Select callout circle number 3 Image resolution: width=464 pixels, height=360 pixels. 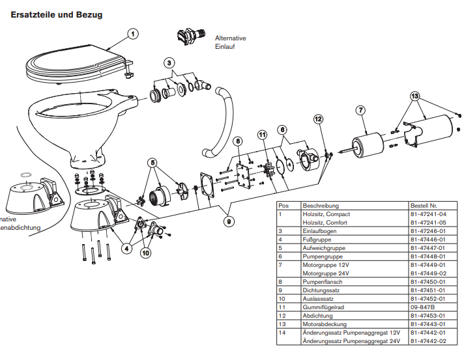pyautogui.click(x=169, y=63)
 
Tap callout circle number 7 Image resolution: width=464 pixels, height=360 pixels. pyautogui.click(x=360, y=110)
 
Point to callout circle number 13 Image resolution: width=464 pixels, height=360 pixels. pyautogui.click(x=414, y=96)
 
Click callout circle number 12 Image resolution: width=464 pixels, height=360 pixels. pyautogui.click(x=318, y=119)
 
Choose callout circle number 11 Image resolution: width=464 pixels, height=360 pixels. pyautogui.click(x=262, y=135)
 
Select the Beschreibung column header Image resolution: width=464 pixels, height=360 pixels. pyautogui.click(x=321, y=205)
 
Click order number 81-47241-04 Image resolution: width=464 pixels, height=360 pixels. pyautogui.click(x=428, y=214)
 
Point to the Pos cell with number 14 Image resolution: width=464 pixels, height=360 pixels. pyautogui.click(x=282, y=333)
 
